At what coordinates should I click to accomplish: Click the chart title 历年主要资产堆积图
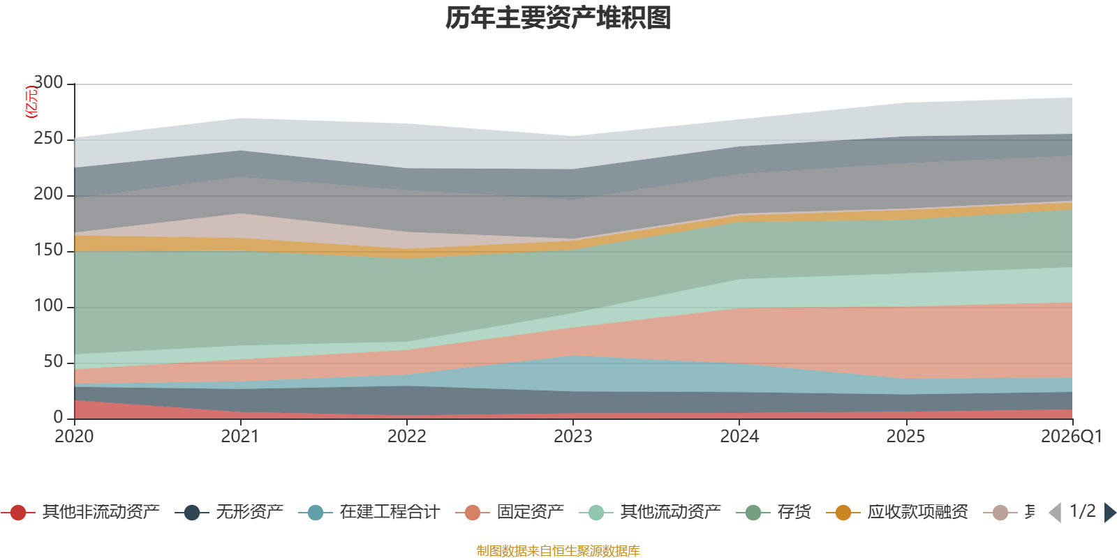coord(558,18)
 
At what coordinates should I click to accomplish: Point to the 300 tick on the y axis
coord(48,83)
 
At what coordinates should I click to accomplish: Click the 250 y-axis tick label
coord(48,139)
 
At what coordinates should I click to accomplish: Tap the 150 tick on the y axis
coord(48,250)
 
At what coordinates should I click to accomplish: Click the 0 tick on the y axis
coord(58,417)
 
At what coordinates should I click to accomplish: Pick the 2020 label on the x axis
coord(74,437)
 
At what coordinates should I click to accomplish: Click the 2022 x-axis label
coord(406,437)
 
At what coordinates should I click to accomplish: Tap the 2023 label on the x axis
coord(572,437)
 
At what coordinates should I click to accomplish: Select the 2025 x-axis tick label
coord(905,437)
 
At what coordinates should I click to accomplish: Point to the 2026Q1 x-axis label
coord(1071,437)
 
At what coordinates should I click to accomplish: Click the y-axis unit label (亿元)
coord(31,102)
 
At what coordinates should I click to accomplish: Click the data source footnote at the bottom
coord(558,551)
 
